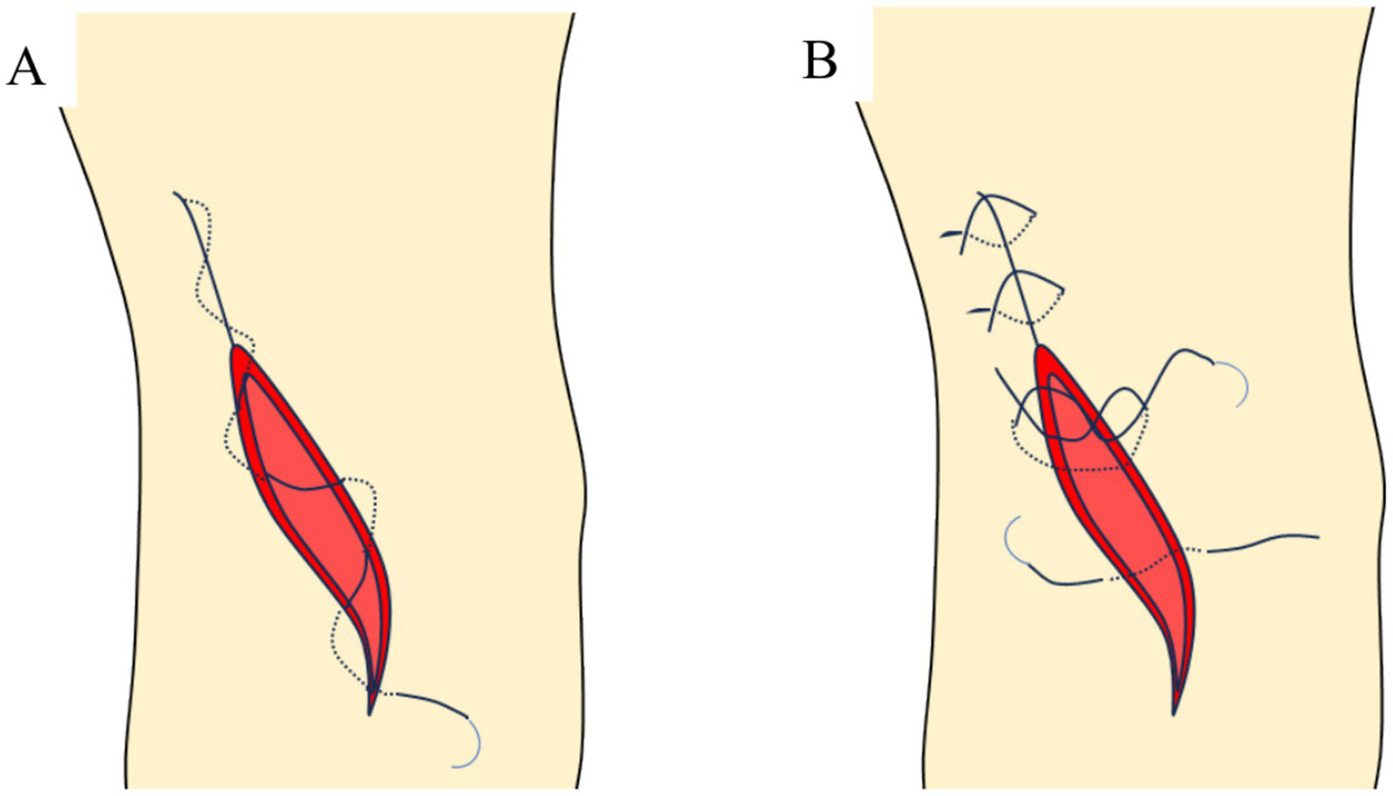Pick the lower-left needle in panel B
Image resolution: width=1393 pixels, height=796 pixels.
pos(1014,542)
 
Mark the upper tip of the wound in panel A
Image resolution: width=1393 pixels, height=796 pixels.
pos(235,349)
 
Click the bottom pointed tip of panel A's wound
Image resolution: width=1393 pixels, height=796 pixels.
pos(370,711)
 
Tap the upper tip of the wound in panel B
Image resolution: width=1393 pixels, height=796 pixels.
pos(1040,348)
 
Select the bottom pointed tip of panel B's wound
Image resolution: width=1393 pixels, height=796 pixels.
pos(1176,711)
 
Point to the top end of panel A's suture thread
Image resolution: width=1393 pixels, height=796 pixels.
pos(176,195)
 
